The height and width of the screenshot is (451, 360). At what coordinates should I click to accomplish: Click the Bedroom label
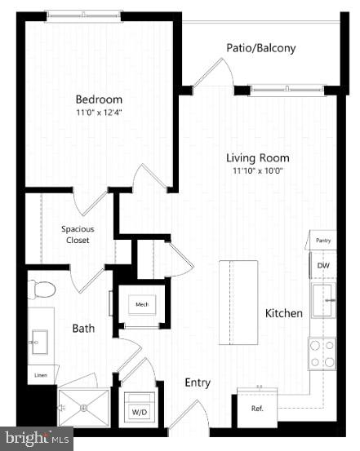[99, 99]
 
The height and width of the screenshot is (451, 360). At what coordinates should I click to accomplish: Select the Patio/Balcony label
[260, 48]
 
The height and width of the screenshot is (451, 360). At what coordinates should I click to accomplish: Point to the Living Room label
[258, 158]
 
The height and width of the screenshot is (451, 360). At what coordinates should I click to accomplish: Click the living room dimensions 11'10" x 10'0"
[258, 171]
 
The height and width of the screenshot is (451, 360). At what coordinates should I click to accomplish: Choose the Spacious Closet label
[76, 235]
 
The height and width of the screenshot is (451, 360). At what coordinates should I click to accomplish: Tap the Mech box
[142, 305]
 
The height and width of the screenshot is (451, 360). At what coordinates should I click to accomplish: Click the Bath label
[83, 329]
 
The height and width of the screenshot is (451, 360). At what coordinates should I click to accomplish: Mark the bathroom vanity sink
[39, 339]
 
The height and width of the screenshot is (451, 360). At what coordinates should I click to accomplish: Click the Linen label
[39, 377]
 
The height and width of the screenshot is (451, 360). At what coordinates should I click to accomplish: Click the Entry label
[198, 382]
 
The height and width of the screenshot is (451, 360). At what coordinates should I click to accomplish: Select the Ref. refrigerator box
[257, 408]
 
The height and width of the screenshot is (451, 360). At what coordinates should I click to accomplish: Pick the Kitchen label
[284, 313]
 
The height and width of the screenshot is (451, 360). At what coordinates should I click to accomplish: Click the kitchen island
[238, 290]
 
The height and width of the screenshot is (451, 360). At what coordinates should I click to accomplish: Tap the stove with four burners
[322, 353]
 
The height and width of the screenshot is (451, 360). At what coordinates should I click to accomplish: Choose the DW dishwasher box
[323, 266]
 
